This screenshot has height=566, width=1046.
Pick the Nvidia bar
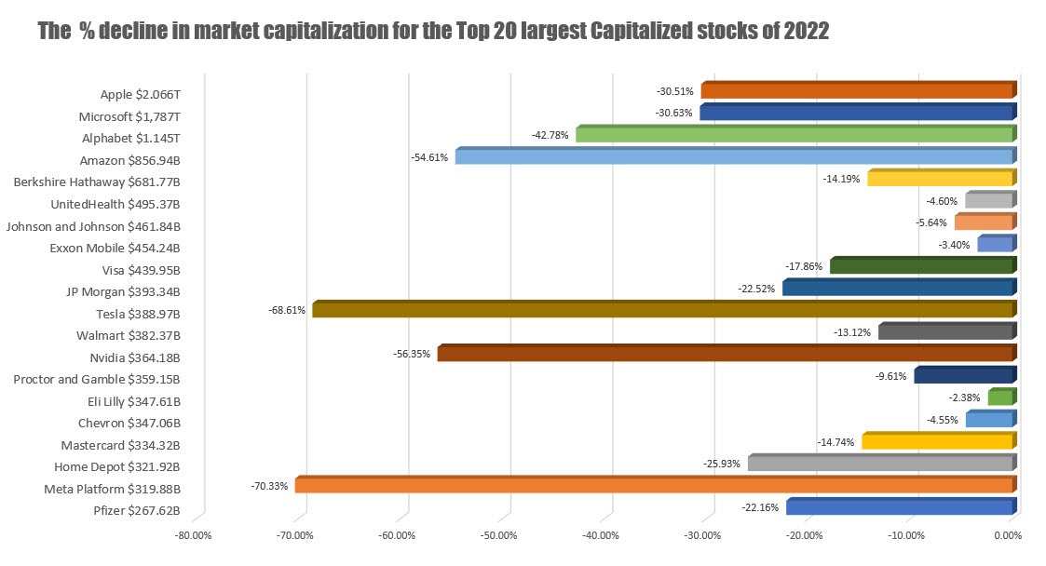pos(724,354)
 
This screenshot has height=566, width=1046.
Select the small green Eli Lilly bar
pos(999,398)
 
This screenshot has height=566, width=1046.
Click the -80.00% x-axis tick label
pos(194,536)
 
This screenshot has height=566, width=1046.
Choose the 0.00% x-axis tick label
pos(1008,536)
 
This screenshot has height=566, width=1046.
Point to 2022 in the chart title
pos(804,32)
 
